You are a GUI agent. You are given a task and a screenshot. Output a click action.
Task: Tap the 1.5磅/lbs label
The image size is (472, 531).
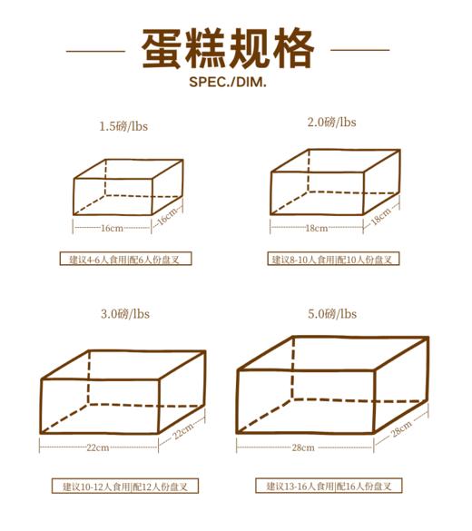(123, 127)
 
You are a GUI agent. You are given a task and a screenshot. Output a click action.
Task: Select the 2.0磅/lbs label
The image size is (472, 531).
(332, 122)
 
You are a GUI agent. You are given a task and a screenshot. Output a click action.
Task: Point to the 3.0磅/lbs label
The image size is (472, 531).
(124, 314)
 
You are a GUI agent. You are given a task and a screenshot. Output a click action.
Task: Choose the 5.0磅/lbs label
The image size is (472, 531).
(332, 314)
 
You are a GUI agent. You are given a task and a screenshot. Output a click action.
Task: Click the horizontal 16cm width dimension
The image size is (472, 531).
(113, 228)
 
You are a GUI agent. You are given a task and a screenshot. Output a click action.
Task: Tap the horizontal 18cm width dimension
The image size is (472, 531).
(317, 228)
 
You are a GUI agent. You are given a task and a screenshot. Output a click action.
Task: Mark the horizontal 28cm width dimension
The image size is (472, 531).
(303, 447)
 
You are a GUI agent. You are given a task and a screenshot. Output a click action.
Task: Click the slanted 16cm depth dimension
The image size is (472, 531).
(167, 218)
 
